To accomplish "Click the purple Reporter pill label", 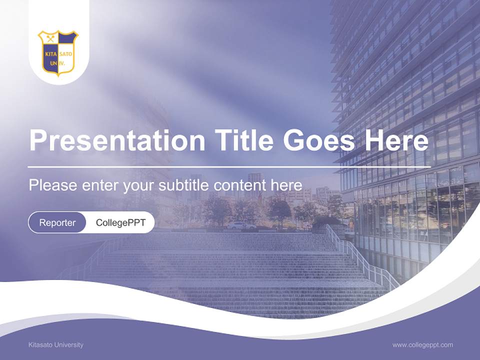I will [57, 222].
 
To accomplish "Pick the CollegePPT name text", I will [120, 222].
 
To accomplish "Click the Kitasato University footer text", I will [56, 345].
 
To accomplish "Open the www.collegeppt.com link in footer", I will [422, 345].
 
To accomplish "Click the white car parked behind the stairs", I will [241, 225].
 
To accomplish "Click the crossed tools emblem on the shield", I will [50, 38].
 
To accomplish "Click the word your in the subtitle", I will [139, 185].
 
